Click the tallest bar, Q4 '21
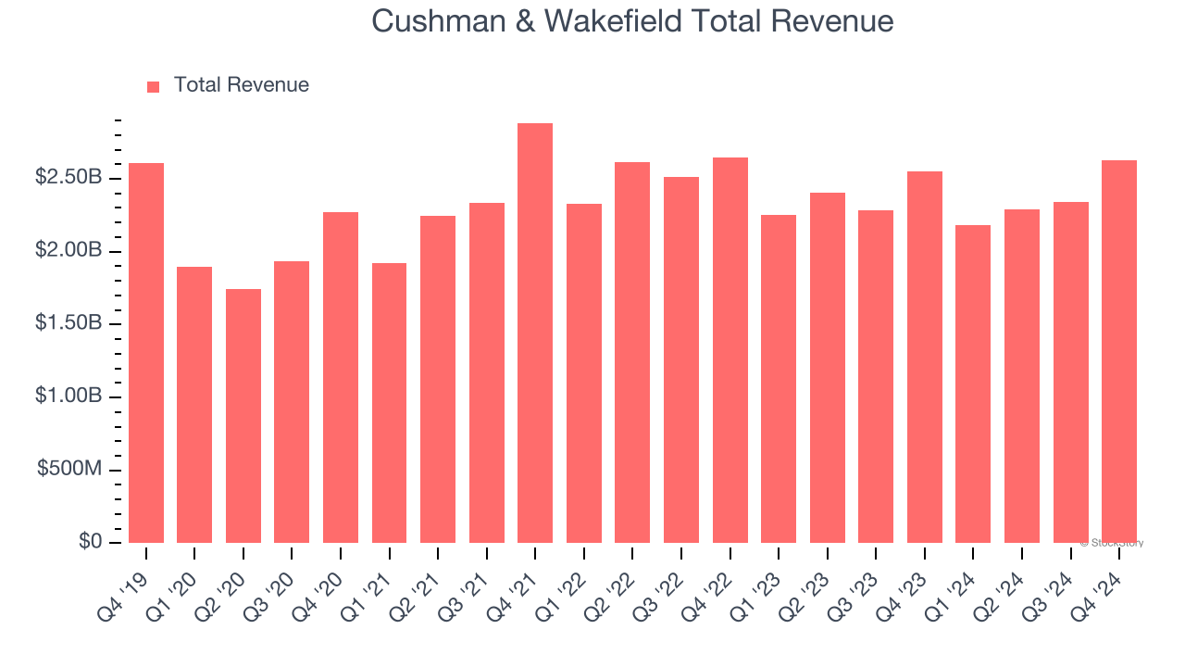535,333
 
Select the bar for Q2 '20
243,416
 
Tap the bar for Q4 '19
146,353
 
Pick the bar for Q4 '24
1119,352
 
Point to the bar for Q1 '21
389,403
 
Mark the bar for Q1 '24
973,384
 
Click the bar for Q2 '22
632,352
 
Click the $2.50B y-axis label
69,177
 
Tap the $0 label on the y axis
90,542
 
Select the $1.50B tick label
69,323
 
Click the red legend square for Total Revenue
154,86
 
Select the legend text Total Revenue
242,85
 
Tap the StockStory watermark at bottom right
1112,543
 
